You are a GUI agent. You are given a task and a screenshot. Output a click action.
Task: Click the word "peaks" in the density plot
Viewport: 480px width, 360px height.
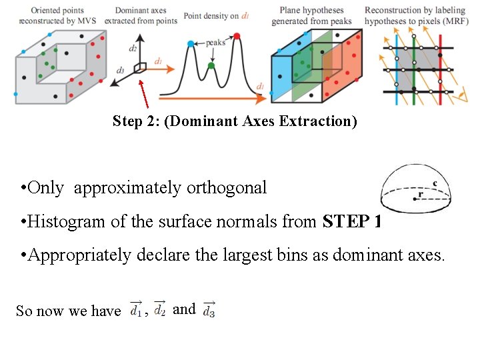215,42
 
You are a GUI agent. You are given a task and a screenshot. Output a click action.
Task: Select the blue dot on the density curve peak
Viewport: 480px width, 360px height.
191,44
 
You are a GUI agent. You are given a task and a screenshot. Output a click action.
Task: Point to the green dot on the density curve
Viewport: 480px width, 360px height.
211,65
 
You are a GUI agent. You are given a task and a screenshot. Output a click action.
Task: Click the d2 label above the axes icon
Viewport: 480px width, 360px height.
133,49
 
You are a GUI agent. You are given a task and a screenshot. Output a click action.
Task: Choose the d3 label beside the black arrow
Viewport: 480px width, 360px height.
120,70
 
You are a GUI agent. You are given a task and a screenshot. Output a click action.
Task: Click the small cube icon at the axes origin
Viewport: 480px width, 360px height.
140,67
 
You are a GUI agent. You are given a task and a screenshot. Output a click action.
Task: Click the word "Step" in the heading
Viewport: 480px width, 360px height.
127,121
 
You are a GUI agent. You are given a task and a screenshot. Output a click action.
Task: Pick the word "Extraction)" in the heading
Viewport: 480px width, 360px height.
321,121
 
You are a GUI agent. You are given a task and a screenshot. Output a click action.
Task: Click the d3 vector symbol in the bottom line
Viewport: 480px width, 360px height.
209,310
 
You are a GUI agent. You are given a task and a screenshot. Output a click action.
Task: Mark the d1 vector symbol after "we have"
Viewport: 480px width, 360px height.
136,310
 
